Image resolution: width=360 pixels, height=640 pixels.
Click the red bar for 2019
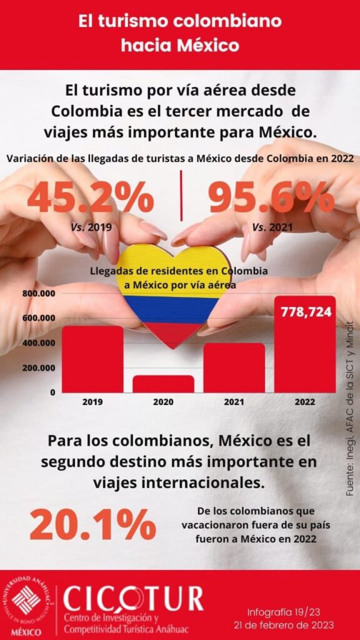coord(92,359)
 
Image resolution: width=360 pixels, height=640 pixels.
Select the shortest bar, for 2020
coord(163,384)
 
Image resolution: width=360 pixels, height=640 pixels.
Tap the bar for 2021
coord(234,367)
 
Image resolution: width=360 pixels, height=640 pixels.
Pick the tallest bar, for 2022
coord(305,344)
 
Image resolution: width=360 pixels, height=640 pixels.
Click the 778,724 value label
coord(305,312)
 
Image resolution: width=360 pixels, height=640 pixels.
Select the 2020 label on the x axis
coord(163,402)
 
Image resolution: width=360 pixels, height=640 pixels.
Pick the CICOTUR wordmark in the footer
coord(133,599)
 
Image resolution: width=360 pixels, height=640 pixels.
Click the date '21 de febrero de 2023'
coord(283,625)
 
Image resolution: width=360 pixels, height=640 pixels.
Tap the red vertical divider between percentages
coord(181,195)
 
